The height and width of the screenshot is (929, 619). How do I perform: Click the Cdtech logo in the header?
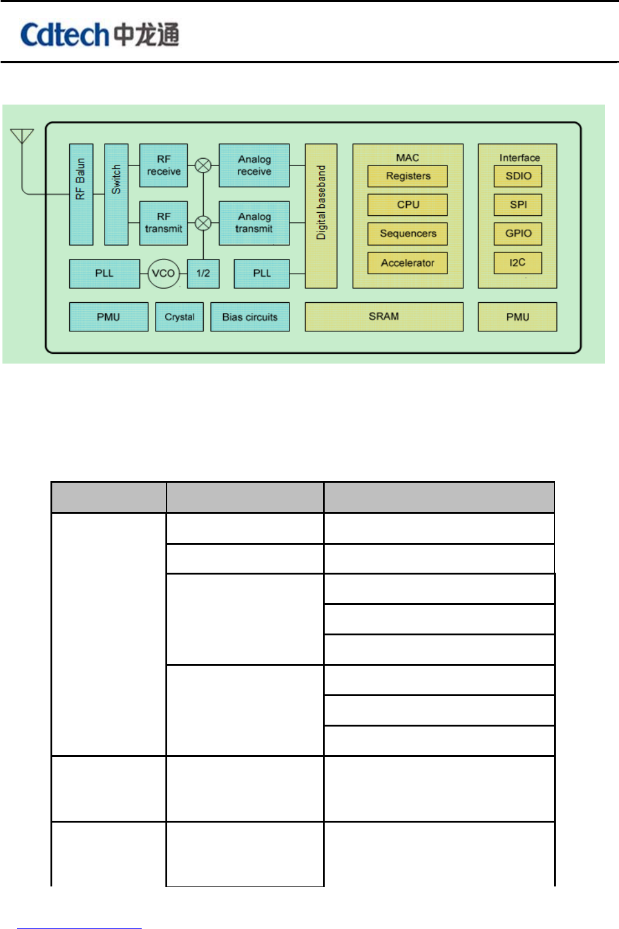pyautogui.click(x=100, y=35)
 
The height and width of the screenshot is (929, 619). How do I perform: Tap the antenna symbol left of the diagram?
pyautogui.click(x=22, y=137)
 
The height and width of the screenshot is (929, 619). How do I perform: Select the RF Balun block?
pyautogui.click(x=81, y=195)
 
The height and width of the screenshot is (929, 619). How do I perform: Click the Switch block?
pyautogui.click(x=116, y=195)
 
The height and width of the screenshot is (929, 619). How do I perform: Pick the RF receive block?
pyautogui.click(x=164, y=165)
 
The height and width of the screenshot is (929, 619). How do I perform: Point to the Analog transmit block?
pyautogui.click(x=254, y=223)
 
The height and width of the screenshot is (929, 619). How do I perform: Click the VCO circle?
pyautogui.click(x=163, y=274)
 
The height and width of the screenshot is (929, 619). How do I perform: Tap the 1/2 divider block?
pyautogui.click(x=203, y=274)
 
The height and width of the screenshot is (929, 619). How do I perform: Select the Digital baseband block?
pyautogui.click(x=321, y=216)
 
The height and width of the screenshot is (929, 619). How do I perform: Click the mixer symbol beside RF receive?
pyautogui.click(x=203, y=165)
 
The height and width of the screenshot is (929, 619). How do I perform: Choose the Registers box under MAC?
pyautogui.click(x=407, y=176)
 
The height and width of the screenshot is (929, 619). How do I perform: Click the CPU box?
pyautogui.click(x=407, y=205)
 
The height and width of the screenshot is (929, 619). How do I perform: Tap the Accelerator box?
pyautogui.click(x=407, y=263)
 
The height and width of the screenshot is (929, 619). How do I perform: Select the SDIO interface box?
pyautogui.click(x=518, y=176)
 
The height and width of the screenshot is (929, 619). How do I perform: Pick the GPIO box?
pyautogui.click(x=518, y=233)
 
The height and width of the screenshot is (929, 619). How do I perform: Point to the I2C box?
pyautogui.click(x=518, y=263)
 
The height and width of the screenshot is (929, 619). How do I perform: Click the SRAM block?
pyautogui.click(x=384, y=317)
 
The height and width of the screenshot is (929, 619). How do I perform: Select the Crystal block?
pyautogui.click(x=179, y=317)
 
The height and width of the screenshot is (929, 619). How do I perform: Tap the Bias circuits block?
pyautogui.click(x=250, y=317)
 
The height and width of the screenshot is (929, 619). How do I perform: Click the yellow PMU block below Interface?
pyautogui.click(x=517, y=317)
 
